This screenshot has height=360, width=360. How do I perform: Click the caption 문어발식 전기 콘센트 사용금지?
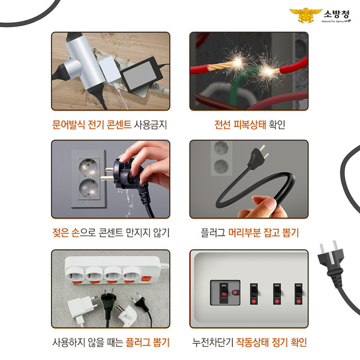click(110, 126)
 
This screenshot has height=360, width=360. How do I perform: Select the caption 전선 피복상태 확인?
click(249, 126)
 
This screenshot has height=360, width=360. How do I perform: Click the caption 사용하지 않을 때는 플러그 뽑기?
click(110, 343)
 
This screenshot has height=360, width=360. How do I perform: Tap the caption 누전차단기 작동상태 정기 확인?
click(249, 343)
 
